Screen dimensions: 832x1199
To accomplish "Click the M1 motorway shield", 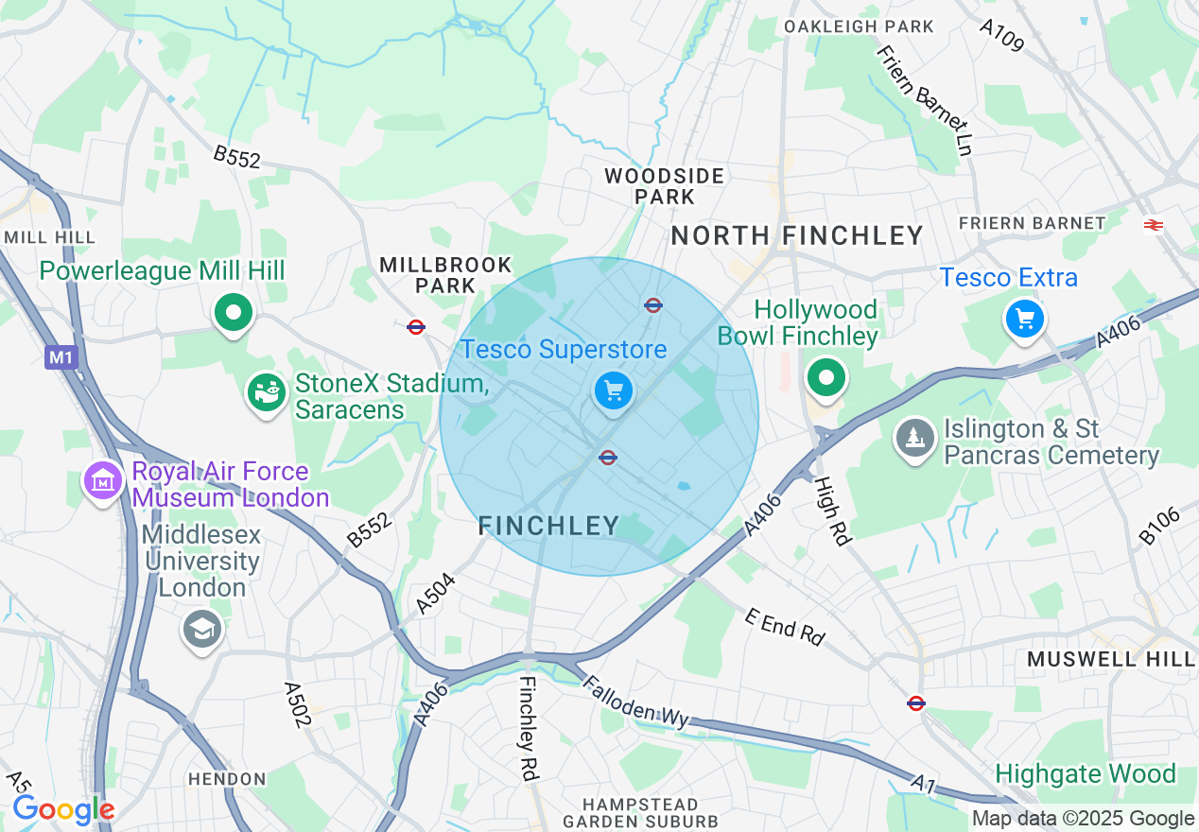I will point(60,356).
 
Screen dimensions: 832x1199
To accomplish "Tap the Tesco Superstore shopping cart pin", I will point(614,390).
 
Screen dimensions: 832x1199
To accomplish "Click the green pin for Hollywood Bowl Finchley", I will point(826,378).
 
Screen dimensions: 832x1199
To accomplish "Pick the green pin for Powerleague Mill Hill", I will point(234,311).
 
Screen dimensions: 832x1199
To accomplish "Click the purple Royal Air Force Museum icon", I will point(104,481).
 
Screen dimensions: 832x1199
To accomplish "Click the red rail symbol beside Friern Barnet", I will point(1153,224).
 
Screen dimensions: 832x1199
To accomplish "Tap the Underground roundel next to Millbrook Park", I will point(415,327).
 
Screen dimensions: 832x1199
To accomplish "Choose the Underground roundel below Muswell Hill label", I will point(915,703).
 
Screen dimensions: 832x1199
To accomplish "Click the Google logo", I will point(62,810).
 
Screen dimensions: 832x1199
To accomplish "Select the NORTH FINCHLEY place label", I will point(796,235).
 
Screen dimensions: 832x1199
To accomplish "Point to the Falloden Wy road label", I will point(634,702).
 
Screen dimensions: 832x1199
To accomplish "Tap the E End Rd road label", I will point(784,627).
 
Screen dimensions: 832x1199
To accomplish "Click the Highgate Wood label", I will point(1085,774).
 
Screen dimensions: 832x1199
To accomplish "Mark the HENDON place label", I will point(227,779).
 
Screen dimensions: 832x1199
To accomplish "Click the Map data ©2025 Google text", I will point(1083,819).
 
